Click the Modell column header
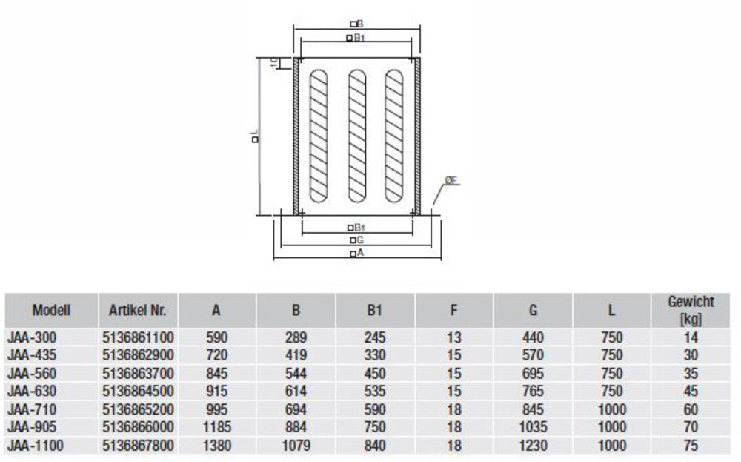click(x=51, y=311)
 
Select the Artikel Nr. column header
click(x=138, y=311)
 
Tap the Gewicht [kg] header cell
click(x=691, y=311)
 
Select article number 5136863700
click(x=138, y=374)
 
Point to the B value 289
click(x=296, y=337)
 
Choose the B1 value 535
click(x=375, y=392)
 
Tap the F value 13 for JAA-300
click(x=454, y=337)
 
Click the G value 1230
click(x=533, y=446)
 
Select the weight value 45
click(x=691, y=392)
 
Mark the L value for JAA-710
click(x=611, y=410)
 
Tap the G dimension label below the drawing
click(x=356, y=241)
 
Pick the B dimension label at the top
click(x=356, y=24)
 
